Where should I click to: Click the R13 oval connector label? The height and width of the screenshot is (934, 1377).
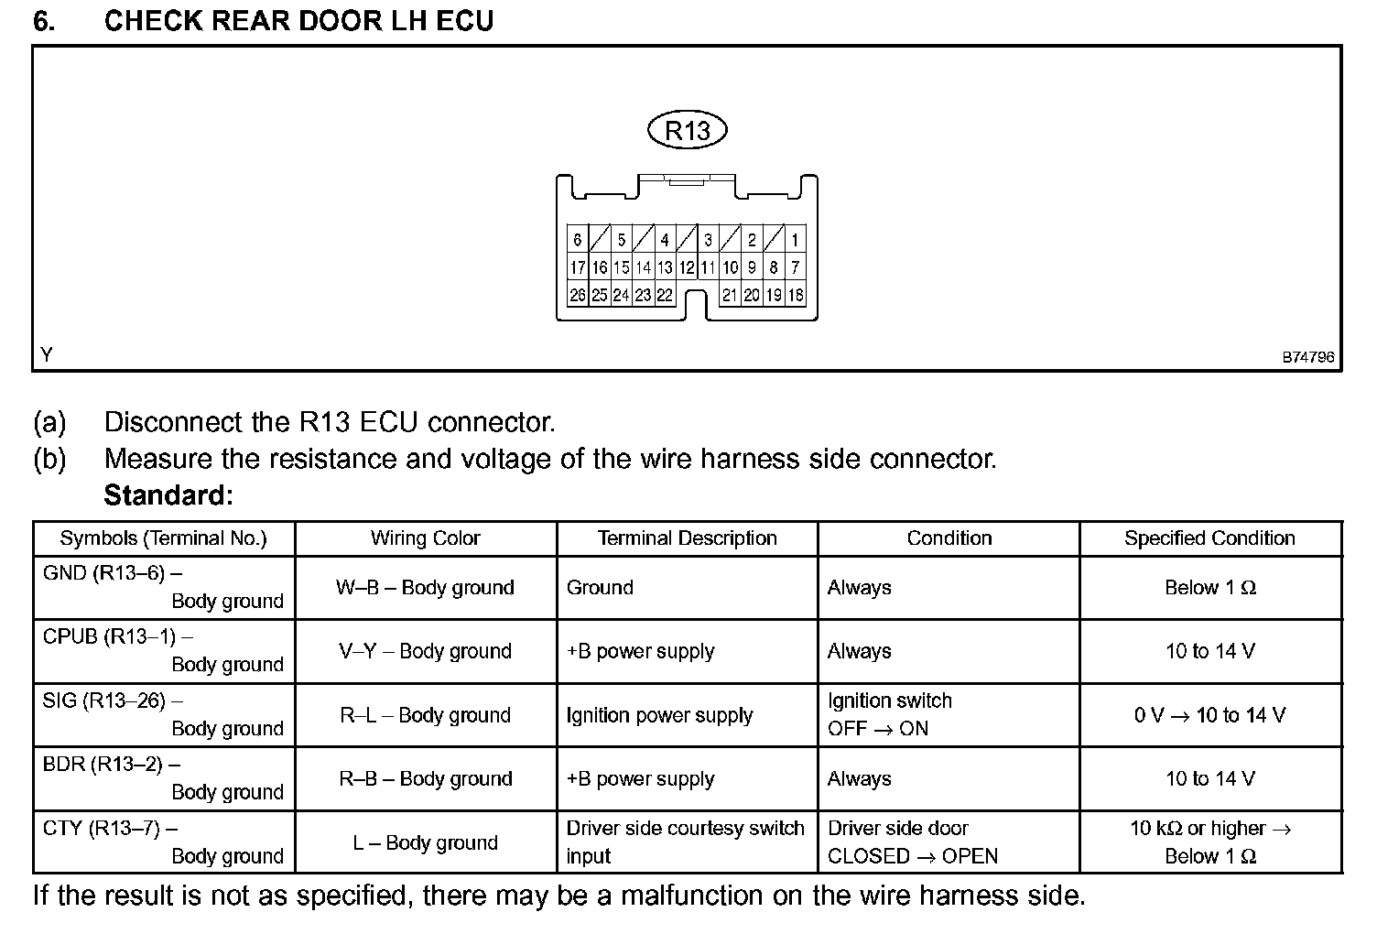[x=687, y=130]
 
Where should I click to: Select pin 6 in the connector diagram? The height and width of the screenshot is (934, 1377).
[x=577, y=240]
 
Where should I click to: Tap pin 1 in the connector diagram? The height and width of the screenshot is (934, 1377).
[x=795, y=240]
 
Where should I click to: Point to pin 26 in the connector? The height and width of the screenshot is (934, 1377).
[x=577, y=295]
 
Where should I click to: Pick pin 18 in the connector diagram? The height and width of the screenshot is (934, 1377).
[x=796, y=295]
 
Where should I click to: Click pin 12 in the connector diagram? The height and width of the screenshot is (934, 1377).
[x=686, y=267]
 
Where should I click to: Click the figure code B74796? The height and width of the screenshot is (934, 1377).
[x=1307, y=357]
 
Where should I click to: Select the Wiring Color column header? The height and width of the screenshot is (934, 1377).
[x=425, y=538]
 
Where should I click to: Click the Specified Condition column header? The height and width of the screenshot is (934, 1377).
[x=1209, y=538]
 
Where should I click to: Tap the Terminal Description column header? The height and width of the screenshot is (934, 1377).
[x=687, y=538]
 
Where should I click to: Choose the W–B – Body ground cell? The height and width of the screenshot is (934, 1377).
[x=425, y=588]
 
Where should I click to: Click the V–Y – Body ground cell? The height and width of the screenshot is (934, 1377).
[x=425, y=651]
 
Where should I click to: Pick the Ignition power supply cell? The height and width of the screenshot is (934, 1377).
[x=659, y=715]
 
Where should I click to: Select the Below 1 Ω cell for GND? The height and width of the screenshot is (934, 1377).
[x=1209, y=588]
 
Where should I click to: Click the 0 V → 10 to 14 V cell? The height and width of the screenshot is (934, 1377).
[x=1209, y=715]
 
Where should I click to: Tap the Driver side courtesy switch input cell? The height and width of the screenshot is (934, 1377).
[x=685, y=842]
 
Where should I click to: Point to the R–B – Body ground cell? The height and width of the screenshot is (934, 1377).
[x=425, y=778]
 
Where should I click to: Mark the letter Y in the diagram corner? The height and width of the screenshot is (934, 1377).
[x=46, y=354]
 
